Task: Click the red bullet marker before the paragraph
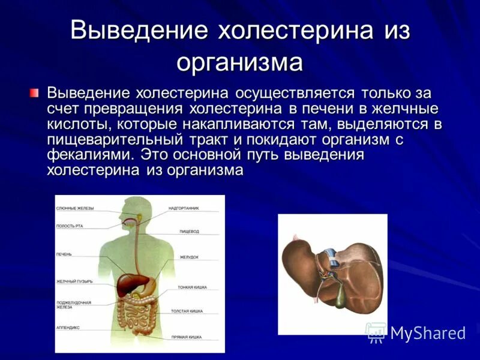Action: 34,94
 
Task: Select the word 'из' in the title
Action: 394,31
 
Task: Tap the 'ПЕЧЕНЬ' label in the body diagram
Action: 64,254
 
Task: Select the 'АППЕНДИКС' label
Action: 68,328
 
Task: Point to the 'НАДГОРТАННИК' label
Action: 184,208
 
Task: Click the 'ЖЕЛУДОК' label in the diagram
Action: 189,257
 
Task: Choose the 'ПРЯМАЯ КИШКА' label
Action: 190,338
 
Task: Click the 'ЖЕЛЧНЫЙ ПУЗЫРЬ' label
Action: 74,281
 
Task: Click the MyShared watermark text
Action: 428,333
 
